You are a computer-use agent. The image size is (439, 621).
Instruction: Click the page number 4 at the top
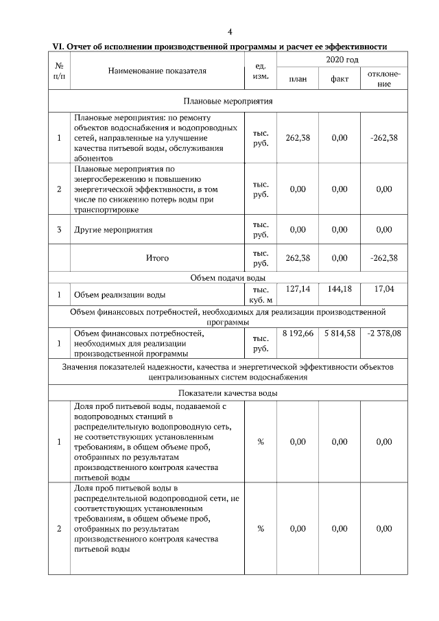pyautogui.click(x=230, y=32)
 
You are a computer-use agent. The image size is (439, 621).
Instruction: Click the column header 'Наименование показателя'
pyautogui.click(x=157, y=71)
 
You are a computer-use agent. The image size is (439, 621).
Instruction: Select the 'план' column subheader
pyautogui.click(x=298, y=80)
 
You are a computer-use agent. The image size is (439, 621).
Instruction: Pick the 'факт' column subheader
pyautogui.click(x=340, y=80)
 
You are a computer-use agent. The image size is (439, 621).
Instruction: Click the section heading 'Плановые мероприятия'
pyautogui.click(x=228, y=101)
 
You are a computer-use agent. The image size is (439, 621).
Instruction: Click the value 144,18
pyautogui.click(x=340, y=289)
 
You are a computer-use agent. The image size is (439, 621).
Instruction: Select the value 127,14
pyautogui.click(x=298, y=289)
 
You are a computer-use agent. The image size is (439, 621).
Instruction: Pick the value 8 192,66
pyautogui.click(x=298, y=333)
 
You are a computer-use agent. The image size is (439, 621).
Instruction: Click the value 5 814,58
pyautogui.click(x=340, y=333)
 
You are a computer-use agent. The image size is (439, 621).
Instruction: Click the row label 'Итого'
pyautogui.click(x=157, y=258)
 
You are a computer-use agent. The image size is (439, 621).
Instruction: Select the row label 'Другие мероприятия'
pyautogui.click(x=113, y=230)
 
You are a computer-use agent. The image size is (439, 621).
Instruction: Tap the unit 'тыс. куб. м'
pyautogui.click(x=261, y=294)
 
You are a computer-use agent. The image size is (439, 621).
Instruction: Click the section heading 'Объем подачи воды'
pyautogui.click(x=228, y=277)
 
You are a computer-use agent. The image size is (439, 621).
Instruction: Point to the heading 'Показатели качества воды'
pyautogui.click(x=228, y=393)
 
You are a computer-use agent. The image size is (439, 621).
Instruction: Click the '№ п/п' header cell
pyautogui.click(x=59, y=71)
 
